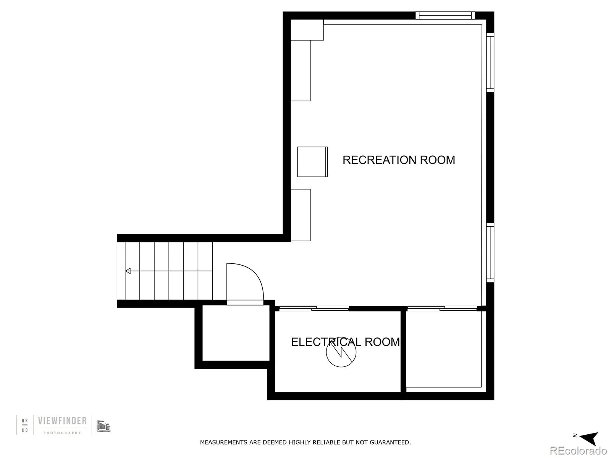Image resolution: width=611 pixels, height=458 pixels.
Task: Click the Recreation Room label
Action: tap(398, 160)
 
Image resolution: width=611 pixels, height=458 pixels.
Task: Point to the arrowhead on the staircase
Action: tap(128, 271)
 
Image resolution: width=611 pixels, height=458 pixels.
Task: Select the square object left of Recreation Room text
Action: tap(312, 162)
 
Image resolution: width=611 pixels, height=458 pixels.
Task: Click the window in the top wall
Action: tap(445, 16)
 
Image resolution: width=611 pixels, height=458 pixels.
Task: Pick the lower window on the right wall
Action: tap(490, 253)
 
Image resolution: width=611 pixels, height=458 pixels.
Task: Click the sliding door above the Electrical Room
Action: tap(314, 308)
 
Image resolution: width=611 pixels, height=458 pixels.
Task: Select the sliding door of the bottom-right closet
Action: tap(442, 308)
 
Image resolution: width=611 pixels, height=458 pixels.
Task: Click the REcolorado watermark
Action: tap(578, 450)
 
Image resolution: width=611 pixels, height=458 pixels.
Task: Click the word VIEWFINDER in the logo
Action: tap(62, 421)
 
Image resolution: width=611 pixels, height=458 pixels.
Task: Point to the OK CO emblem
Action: tap(25, 425)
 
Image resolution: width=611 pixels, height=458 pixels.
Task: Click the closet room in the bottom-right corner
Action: tap(443, 349)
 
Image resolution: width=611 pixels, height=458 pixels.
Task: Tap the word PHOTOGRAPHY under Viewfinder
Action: tap(62, 433)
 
